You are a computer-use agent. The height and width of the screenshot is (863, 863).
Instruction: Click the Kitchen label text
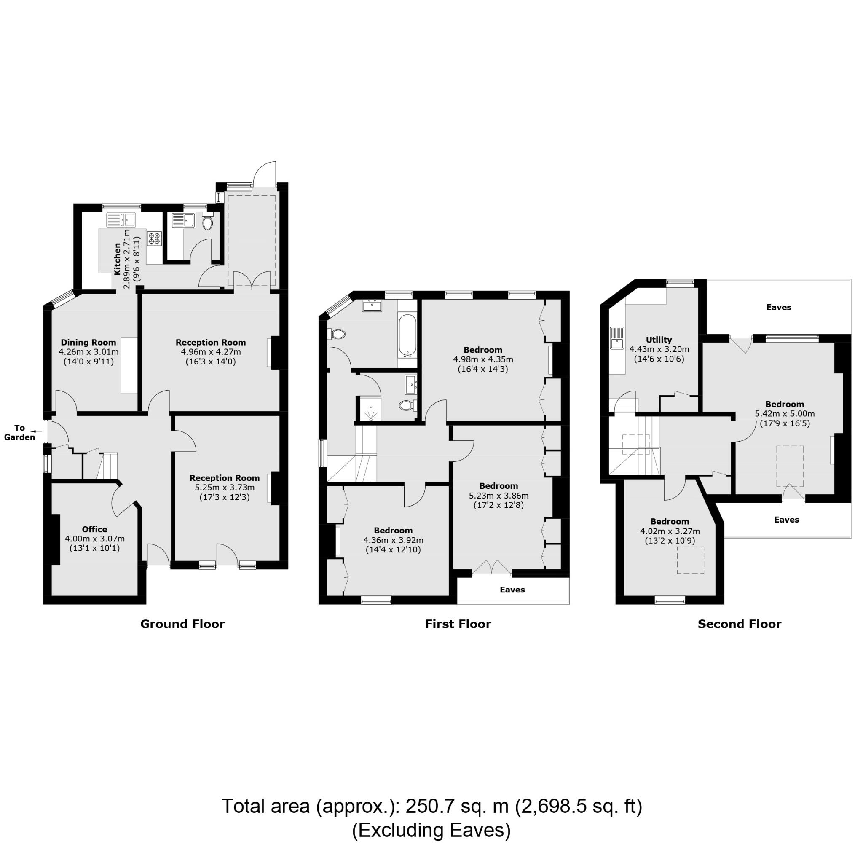[x=118, y=259]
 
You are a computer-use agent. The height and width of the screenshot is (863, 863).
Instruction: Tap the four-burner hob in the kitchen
[x=155, y=238]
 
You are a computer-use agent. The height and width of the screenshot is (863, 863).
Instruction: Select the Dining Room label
[x=88, y=343]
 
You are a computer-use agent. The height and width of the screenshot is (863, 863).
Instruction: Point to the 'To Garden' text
[x=20, y=433]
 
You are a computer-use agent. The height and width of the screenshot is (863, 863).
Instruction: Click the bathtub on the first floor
[x=407, y=336]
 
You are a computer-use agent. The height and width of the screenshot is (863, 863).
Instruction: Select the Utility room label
[x=659, y=340]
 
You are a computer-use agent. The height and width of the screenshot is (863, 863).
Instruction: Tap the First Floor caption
[x=458, y=624]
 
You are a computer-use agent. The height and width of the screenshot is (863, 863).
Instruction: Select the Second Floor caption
[x=739, y=624]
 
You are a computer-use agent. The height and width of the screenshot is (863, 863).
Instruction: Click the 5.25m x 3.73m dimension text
[x=224, y=488]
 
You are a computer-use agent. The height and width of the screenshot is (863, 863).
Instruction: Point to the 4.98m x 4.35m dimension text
[x=483, y=359]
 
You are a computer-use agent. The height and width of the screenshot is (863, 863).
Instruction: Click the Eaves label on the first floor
[x=512, y=590]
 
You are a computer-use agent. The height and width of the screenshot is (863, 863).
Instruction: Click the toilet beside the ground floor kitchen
[x=207, y=222]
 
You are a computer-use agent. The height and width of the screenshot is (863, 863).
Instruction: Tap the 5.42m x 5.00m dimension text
[x=785, y=414]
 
